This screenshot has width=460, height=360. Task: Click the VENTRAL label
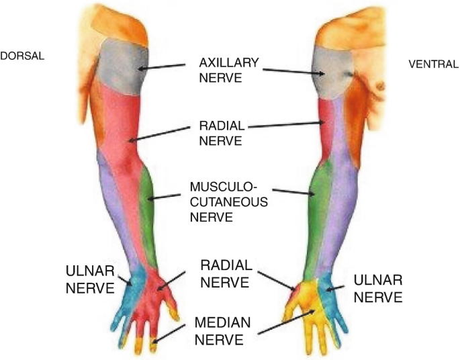[x=433, y=65]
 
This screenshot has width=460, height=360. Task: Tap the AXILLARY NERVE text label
[x=229, y=71]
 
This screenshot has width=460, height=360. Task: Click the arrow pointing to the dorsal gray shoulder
[x=162, y=66]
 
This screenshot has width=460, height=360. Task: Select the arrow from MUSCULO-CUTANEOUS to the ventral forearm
[x=293, y=191]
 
